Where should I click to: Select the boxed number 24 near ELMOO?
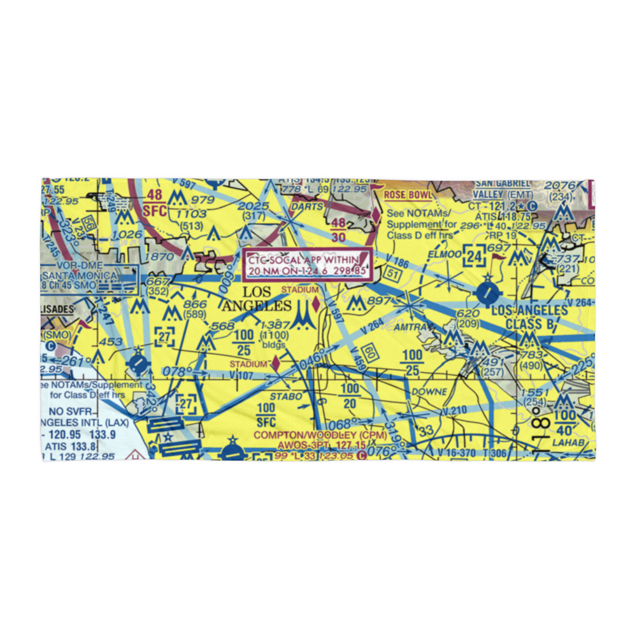pyautogui.click(x=474, y=257)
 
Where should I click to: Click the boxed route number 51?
pyautogui.click(x=393, y=274)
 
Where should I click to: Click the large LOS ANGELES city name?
pyautogui.click(x=258, y=299)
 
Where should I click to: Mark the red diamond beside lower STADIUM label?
pyautogui.click(x=275, y=364)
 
